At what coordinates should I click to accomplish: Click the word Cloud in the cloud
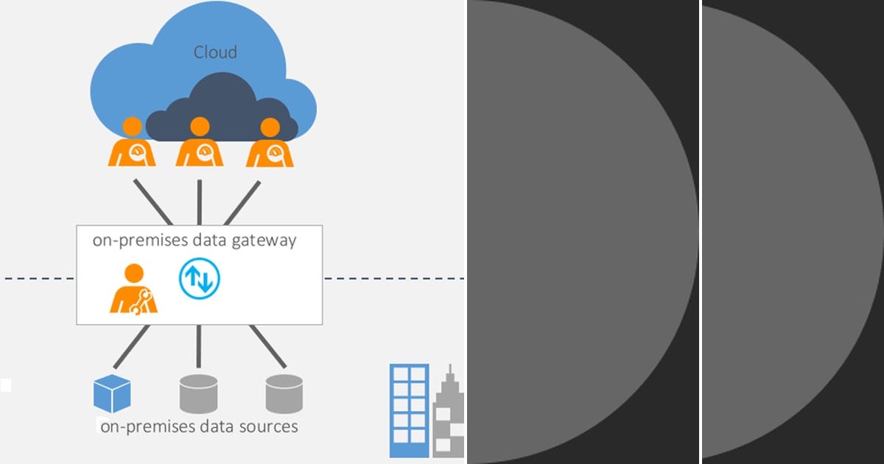(x=215, y=52)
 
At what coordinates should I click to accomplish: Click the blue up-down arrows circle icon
(x=200, y=278)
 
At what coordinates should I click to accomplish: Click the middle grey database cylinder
(x=199, y=393)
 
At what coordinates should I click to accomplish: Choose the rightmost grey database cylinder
(x=284, y=393)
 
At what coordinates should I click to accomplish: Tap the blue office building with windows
(x=409, y=409)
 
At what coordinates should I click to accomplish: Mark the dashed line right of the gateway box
(x=393, y=278)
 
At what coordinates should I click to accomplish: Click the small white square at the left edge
(x=5, y=384)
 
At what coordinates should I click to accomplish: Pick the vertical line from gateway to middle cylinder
(x=199, y=346)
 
